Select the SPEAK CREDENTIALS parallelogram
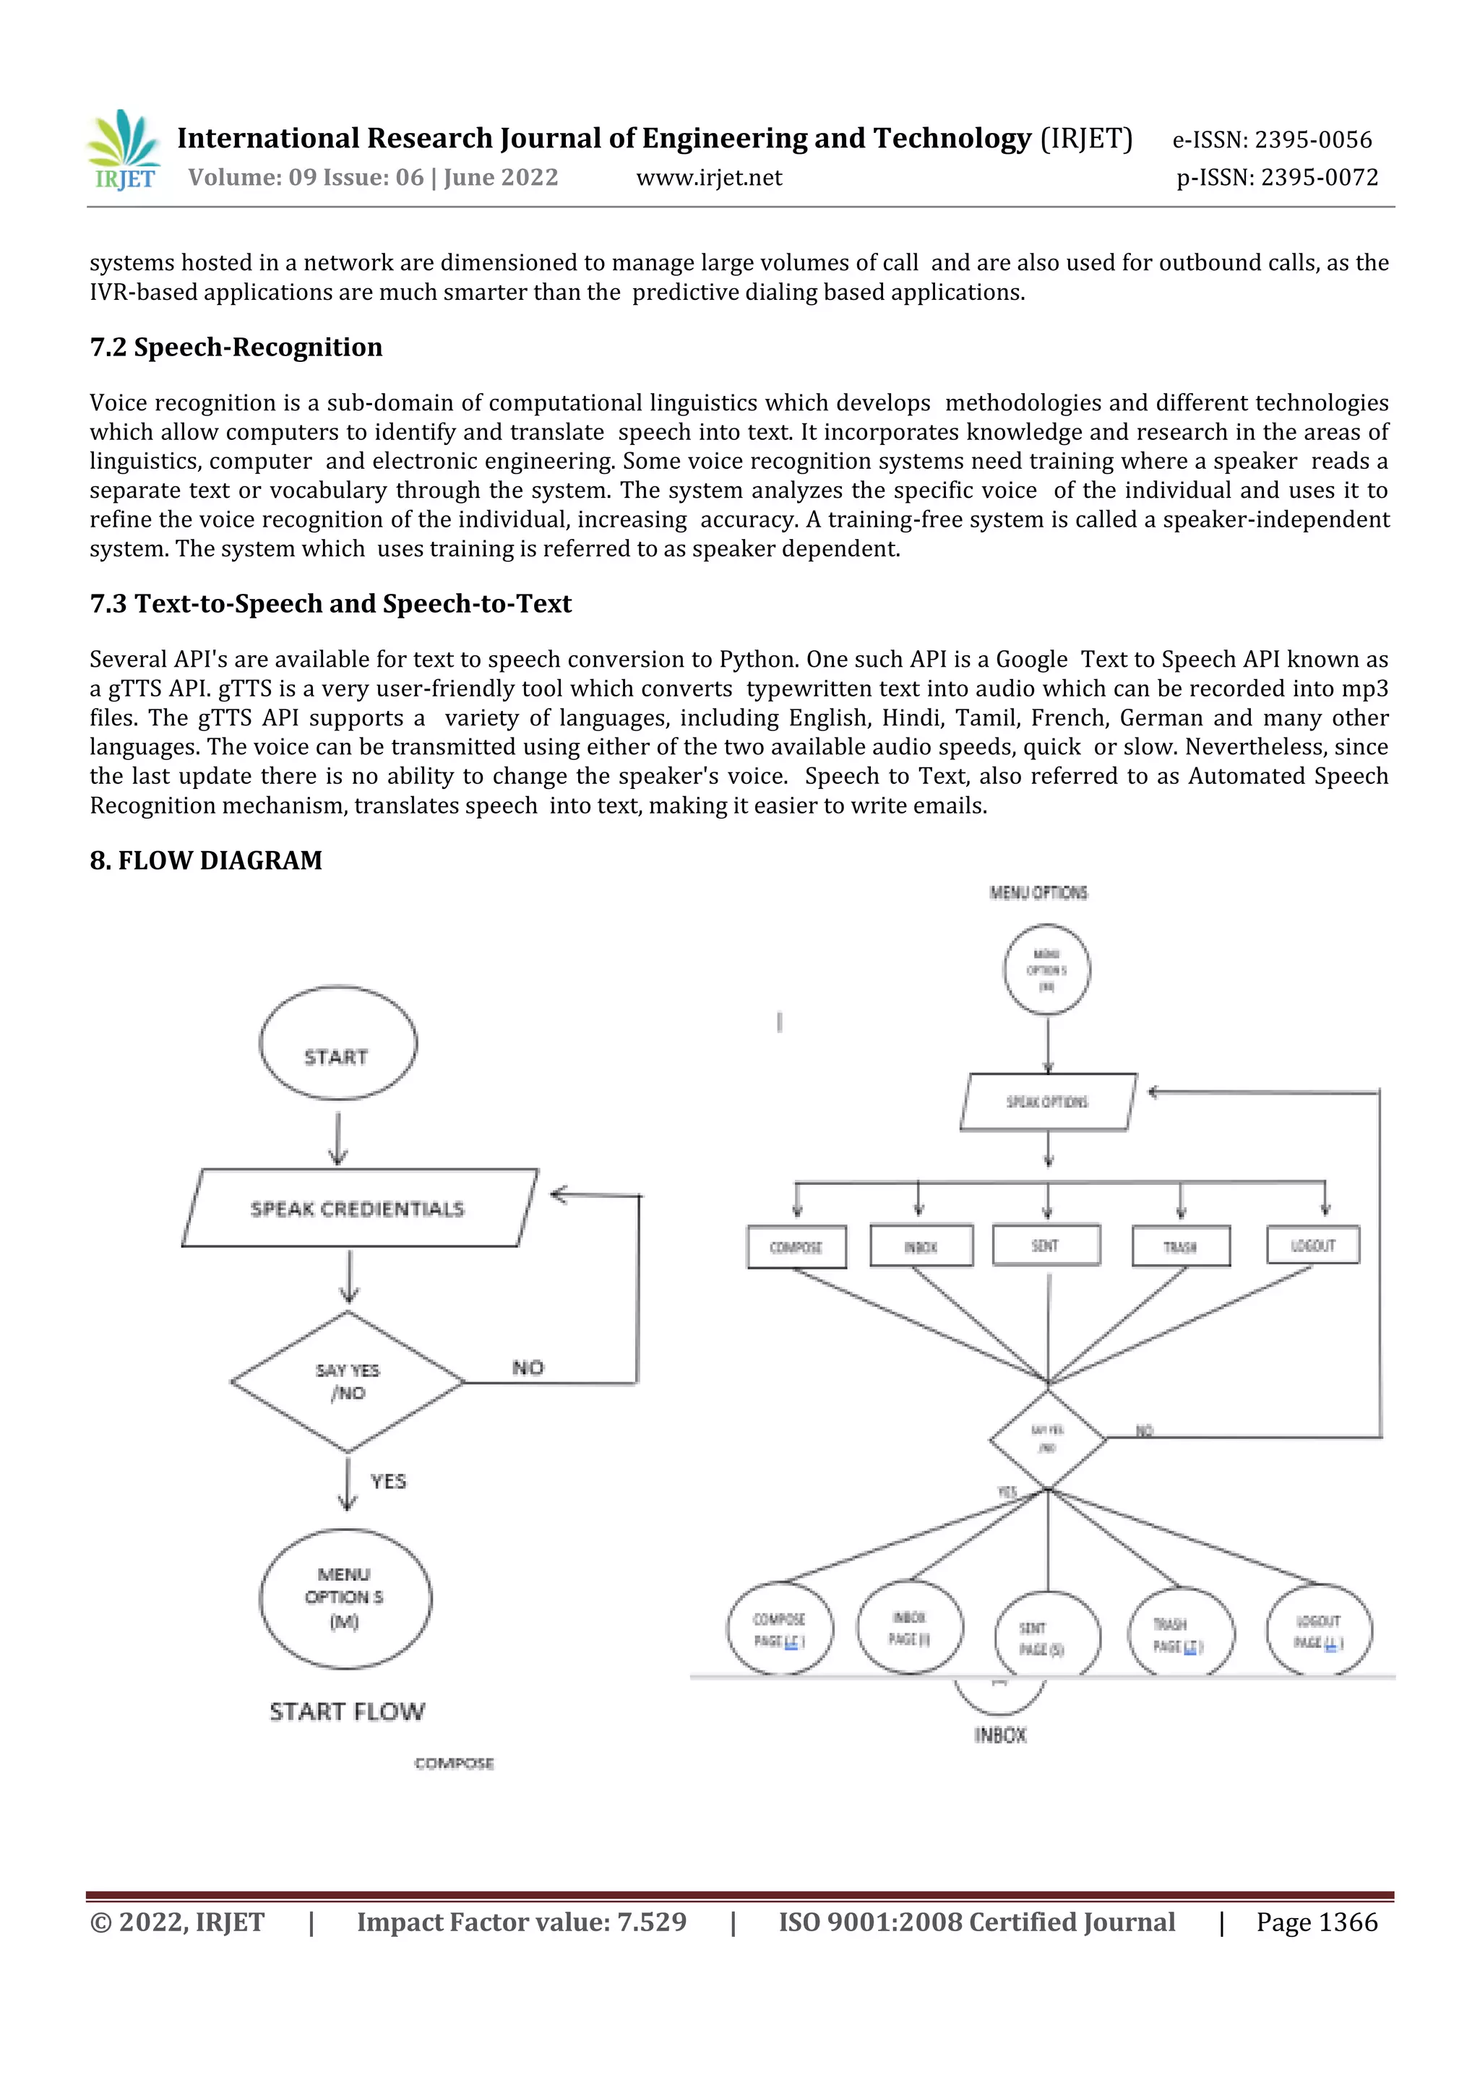coord(358,1208)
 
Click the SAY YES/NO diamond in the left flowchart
coord(348,1381)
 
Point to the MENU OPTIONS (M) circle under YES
coord(345,1598)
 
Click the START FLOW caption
coord(347,1711)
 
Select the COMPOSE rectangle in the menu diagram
coord(796,1246)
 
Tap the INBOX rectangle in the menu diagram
coord(921,1246)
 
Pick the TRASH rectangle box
coord(1180,1246)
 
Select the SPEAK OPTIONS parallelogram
coord(1048,1101)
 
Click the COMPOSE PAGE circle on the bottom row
coord(780,1629)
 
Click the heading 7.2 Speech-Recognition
coord(236,348)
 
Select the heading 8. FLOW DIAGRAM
coord(206,860)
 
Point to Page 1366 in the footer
coord(1316,1922)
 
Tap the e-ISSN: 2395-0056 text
coord(1271,139)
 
